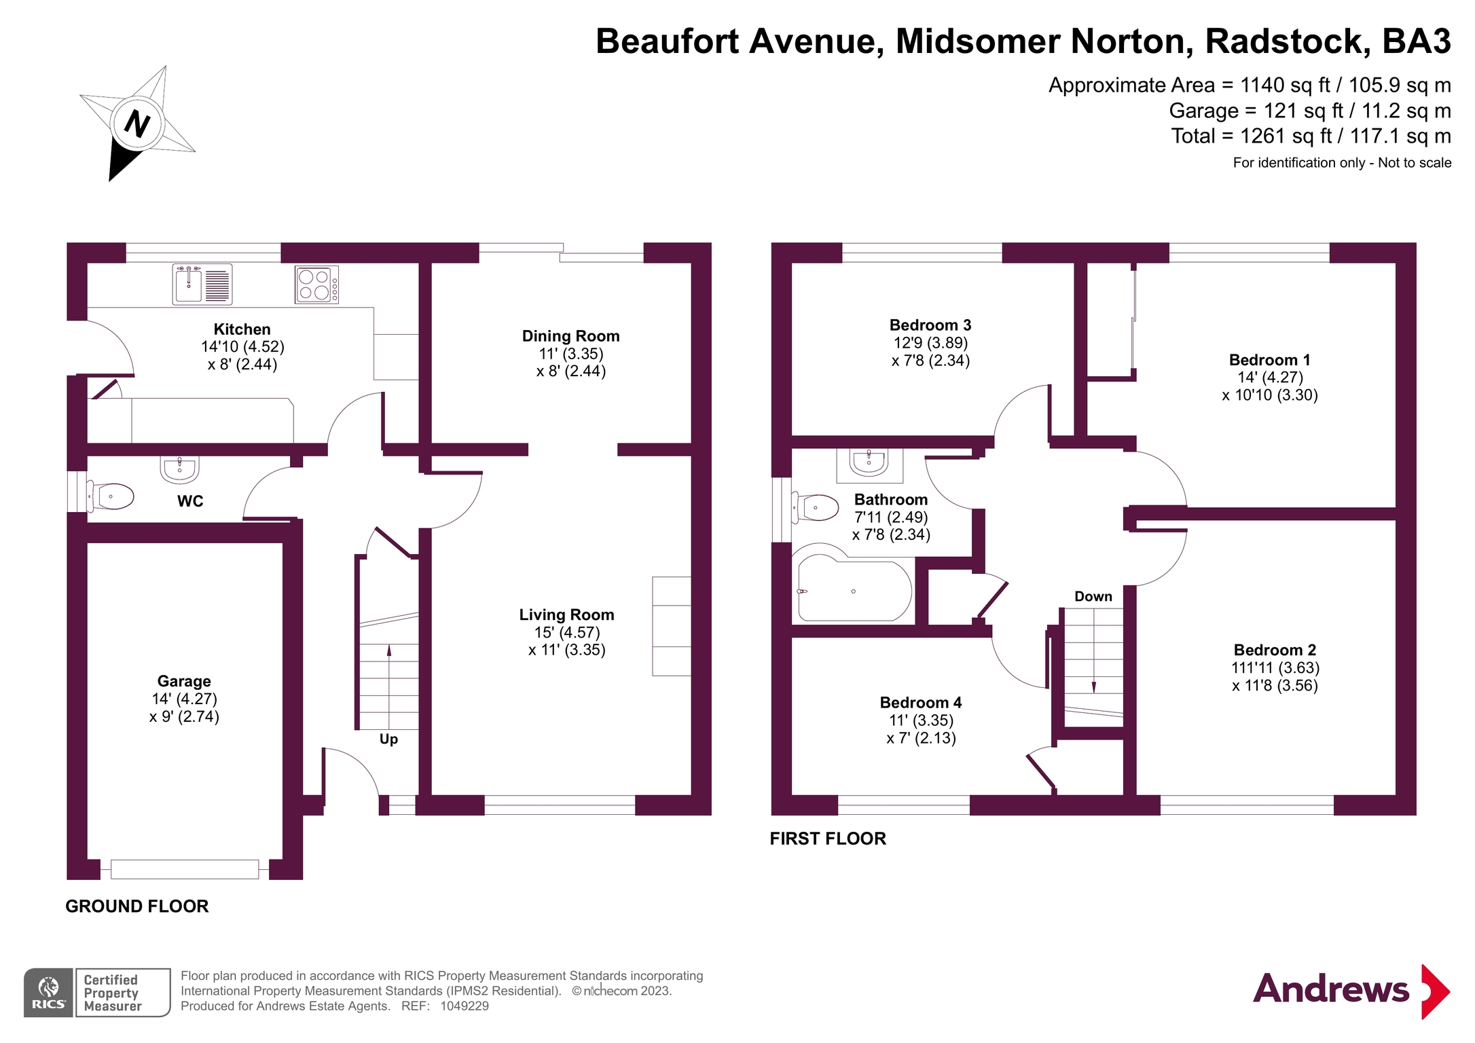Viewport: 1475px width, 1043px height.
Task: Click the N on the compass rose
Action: (x=137, y=124)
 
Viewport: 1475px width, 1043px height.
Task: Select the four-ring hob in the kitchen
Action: (x=316, y=285)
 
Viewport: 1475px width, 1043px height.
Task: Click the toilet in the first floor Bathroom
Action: (x=818, y=507)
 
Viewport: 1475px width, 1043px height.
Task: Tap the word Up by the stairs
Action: (x=388, y=739)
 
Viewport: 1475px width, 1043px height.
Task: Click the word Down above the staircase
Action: (x=1093, y=596)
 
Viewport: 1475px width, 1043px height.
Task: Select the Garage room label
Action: (x=184, y=681)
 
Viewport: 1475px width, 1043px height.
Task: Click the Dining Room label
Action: (x=570, y=336)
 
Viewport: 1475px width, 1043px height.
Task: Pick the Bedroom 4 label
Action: (x=920, y=702)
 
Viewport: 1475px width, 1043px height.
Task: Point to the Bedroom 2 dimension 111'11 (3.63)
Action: (x=1275, y=667)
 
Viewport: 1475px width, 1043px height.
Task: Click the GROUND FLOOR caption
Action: (x=137, y=906)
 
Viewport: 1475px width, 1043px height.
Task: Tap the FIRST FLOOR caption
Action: (x=828, y=839)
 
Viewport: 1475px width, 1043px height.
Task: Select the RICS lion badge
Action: (x=48, y=992)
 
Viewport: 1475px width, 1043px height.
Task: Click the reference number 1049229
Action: (x=465, y=1006)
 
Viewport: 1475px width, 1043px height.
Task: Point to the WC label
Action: (x=190, y=501)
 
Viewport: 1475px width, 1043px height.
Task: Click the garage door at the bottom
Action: (x=185, y=868)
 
